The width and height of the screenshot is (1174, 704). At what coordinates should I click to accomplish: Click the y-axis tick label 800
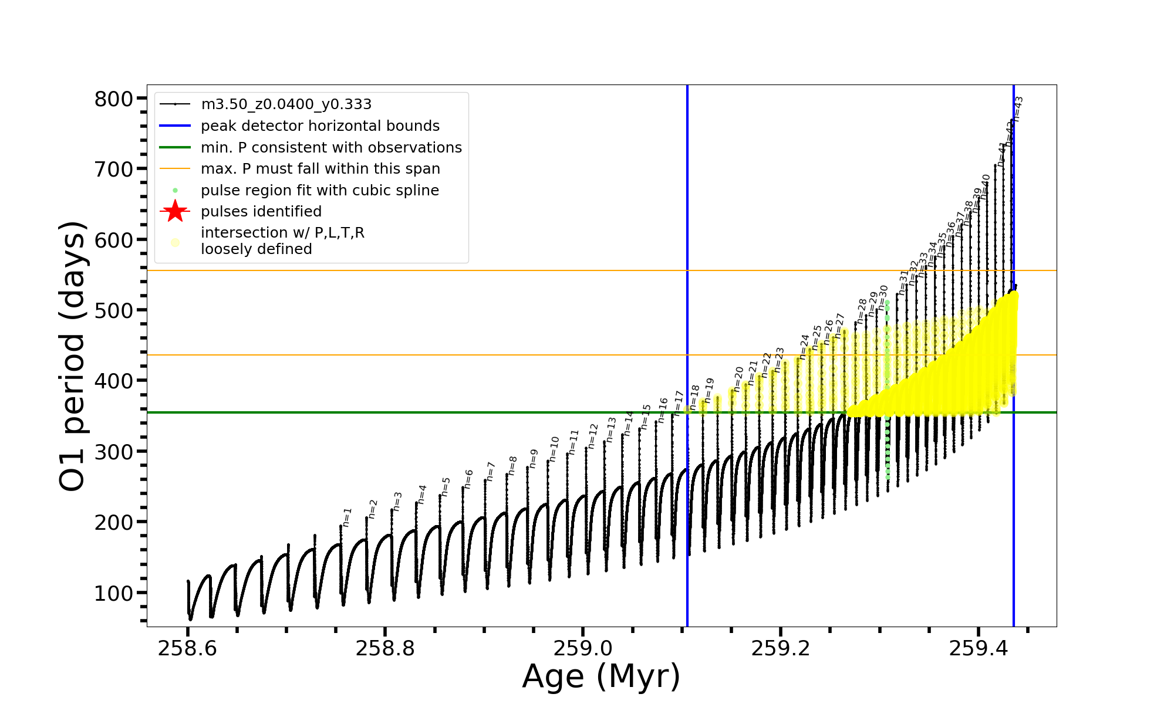click(114, 99)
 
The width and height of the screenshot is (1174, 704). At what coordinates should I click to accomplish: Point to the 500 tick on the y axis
click(114, 310)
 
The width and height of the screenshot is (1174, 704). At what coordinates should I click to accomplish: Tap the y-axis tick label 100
click(114, 593)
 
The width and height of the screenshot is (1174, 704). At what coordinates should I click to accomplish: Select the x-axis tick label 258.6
click(187, 648)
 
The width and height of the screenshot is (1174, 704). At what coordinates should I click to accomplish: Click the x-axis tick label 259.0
click(583, 648)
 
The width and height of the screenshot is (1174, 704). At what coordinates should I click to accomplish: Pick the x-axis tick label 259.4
click(978, 648)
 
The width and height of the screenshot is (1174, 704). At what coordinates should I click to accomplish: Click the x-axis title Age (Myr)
click(601, 676)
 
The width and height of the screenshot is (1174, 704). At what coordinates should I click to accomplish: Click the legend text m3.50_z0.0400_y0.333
click(286, 104)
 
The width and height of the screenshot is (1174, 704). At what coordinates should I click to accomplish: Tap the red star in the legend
click(175, 211)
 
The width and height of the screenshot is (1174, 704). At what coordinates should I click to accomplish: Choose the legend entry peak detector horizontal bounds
click(320, 126)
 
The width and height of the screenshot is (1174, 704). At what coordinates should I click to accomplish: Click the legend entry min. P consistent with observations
click(331, 147)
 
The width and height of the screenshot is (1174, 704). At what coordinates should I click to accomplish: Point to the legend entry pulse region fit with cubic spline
click(319, 191)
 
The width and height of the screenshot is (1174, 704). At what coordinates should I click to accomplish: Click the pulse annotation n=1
click(347, 517)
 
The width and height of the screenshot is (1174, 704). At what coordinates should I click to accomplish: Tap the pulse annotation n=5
click(446, 487)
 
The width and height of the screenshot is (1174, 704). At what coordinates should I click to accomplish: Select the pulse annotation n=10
click(554, 449)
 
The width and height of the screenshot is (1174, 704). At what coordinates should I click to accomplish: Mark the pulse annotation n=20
click(738, 379)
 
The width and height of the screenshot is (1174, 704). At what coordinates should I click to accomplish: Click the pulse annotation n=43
click(1018, 109)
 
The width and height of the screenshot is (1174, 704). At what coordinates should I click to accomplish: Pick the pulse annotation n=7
click(491, 472)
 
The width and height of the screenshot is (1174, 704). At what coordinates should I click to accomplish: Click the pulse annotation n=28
click(862, 312)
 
